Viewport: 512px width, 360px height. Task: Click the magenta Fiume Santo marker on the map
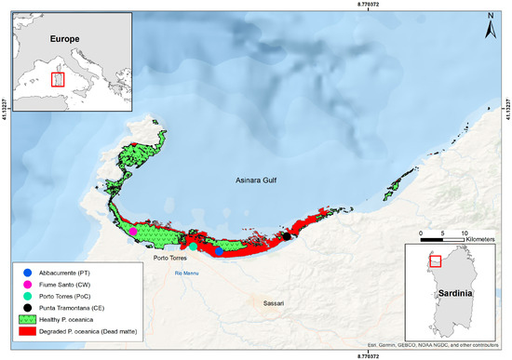pos(133,232)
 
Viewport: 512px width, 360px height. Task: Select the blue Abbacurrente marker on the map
pos(219,251)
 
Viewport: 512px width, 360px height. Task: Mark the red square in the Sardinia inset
pos(435,261)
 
